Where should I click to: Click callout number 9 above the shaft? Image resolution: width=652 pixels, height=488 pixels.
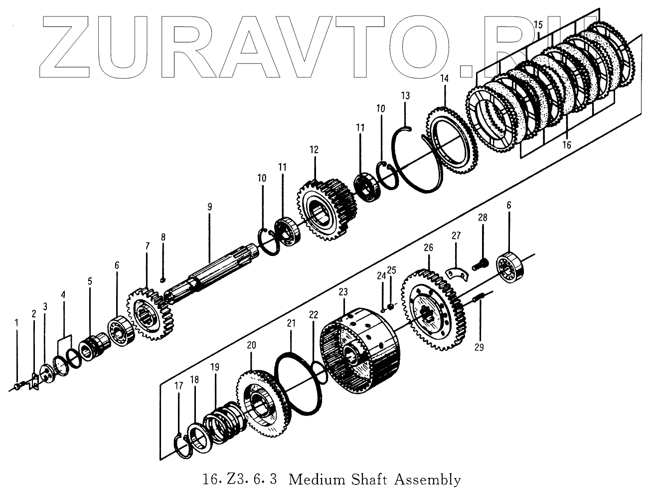point(210,206)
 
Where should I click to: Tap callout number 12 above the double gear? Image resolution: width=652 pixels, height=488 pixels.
point(314,150)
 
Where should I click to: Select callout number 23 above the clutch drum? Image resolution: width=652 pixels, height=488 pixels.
point(343,292)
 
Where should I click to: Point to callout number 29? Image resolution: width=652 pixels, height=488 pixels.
point(479,347)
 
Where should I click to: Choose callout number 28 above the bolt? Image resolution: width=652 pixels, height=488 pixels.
point(483,218)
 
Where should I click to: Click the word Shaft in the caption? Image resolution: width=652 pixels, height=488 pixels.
point(369,480)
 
